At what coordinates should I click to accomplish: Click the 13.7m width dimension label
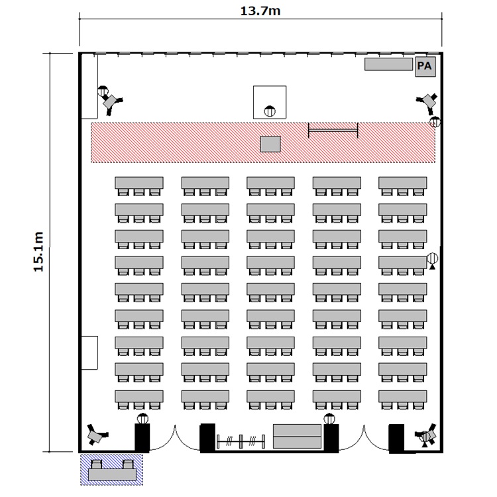coord(260,11)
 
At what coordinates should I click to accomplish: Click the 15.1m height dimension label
coord(38,252)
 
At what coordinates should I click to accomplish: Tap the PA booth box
coord(425,66)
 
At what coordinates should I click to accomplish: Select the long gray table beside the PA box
coord(388,64)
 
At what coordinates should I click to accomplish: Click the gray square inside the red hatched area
coord(270,144)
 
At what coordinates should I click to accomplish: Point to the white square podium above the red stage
coord(270,102)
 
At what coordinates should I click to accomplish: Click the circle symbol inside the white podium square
coord(270,111)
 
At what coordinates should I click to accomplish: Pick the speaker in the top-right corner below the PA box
coord(428,102)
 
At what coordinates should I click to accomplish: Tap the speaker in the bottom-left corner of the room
coord(96,435)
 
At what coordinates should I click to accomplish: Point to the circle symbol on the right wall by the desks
coord(432,258)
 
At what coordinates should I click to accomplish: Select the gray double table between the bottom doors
coord(298,436)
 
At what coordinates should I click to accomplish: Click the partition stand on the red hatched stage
coord(333,131)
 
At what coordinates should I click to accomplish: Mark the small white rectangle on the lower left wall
coord(89,353)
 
